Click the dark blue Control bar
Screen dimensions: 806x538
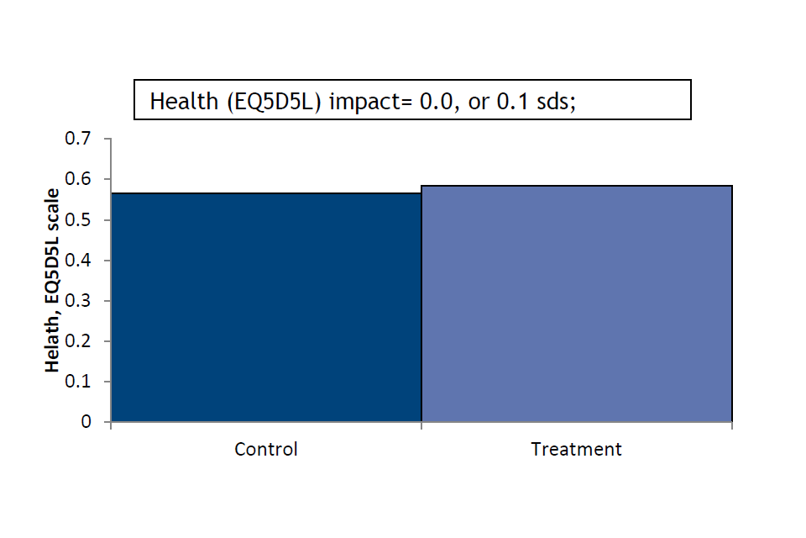[266, 308]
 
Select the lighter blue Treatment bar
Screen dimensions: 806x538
[577, 303]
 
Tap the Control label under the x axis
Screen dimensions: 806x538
[266, 450]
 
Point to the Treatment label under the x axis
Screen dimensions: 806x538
[576, 450]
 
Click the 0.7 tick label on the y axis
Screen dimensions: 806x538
[77, 139]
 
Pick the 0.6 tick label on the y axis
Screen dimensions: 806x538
[77, 179]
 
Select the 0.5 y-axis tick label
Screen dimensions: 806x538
[77, 220]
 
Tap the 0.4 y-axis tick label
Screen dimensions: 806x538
[77, 260]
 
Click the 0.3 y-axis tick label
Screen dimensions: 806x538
[77, 301]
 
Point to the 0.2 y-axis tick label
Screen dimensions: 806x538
[77, 340]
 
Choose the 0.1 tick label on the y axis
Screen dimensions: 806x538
[77, 382]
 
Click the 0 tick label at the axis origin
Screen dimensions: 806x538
[86, 422]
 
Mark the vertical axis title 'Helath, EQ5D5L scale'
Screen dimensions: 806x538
[52, 281]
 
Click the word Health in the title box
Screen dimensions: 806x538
[184, 101]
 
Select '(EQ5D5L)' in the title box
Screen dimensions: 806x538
[274, 102]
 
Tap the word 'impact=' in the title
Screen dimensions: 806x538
[370, 102]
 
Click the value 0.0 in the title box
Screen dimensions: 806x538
[437, 102]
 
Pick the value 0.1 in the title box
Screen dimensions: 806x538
[512, 101]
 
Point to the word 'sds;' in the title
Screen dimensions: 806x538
[556, 102]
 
